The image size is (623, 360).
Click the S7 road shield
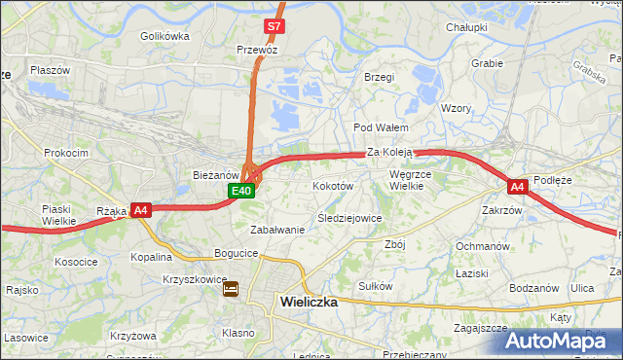pyautogui.click(x=275, y=26)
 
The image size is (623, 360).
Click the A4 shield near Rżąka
pyautogui.click(x=140, y=209)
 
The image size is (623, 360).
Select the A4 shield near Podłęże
pyautogui.click(x=518, y=186)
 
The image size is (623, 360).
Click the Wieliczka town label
pyautogui.click(x=308, y=302)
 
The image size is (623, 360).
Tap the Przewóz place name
pyautogui.click(x=258, y=49)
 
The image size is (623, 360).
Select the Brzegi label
pyautogui.click(x=378, y=77)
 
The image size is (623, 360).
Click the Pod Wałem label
pyautogui.click(x=380, y=127)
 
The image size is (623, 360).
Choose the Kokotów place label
pyautogui.click(x=332, y=185)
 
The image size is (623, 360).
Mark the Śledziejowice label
pyautogui.click(x=349, y=218)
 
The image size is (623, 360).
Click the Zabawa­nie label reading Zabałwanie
pyautogui.click(x=277, y=230)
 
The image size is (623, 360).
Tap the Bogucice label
pyautogui.click(x=237, y=253)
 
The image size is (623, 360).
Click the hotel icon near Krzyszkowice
pyautogui.click(x=231, y=289)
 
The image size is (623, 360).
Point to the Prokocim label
pyautogui.click(x=66, y=153)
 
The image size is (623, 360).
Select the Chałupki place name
pyautogui.click(x=466, y=27)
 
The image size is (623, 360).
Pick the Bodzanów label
pyautogui.click(x=533, y=288)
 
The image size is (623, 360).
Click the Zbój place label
pyautogui.click(x=394, y=244)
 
